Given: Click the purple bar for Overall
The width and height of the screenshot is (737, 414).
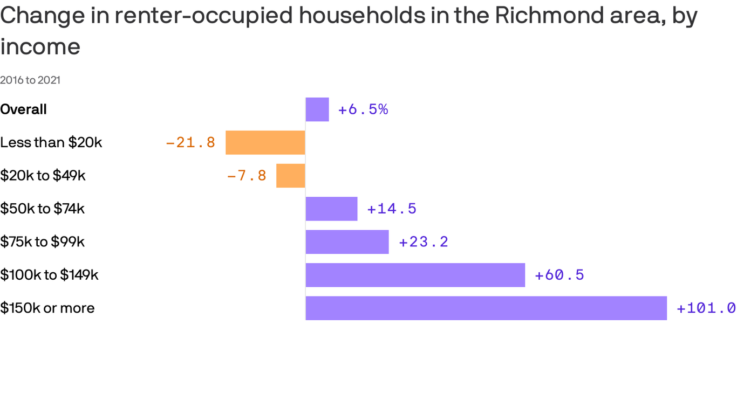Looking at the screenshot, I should point(317,109).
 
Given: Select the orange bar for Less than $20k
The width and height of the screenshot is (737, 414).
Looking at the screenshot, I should point(265,142).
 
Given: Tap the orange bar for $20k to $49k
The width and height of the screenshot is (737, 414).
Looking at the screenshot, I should point(291,176).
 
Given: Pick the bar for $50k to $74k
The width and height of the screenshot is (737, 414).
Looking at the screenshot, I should point(331,209).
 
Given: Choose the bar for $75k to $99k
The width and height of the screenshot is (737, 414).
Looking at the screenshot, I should point(347,242).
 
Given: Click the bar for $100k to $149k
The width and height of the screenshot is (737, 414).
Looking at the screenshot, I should point(415,275).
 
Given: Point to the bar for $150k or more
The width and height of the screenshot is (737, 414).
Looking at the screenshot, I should point(486,308).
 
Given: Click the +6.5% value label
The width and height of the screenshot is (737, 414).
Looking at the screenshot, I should point(363,109).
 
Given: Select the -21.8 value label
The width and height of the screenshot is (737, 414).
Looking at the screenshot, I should point(190,143).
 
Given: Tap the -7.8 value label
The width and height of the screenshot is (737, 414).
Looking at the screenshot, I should point(247,176).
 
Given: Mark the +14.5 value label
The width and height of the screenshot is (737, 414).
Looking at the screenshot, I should point(392,209).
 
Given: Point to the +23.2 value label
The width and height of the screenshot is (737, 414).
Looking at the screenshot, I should point(424,242).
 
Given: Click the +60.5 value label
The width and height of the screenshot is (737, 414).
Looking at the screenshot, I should point(559,275).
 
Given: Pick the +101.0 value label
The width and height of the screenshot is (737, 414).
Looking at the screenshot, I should point(706,308).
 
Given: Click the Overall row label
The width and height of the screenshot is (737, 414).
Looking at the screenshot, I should point(24,109).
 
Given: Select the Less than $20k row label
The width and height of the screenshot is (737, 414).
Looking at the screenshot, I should point(51,142).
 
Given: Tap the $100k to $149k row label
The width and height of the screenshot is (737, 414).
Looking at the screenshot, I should point(49,275).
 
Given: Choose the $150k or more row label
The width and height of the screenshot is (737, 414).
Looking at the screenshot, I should point(47,308).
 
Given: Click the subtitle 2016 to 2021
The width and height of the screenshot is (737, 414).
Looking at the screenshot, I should point(30,80).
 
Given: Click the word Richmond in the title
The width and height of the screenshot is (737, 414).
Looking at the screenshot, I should point(542,16).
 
